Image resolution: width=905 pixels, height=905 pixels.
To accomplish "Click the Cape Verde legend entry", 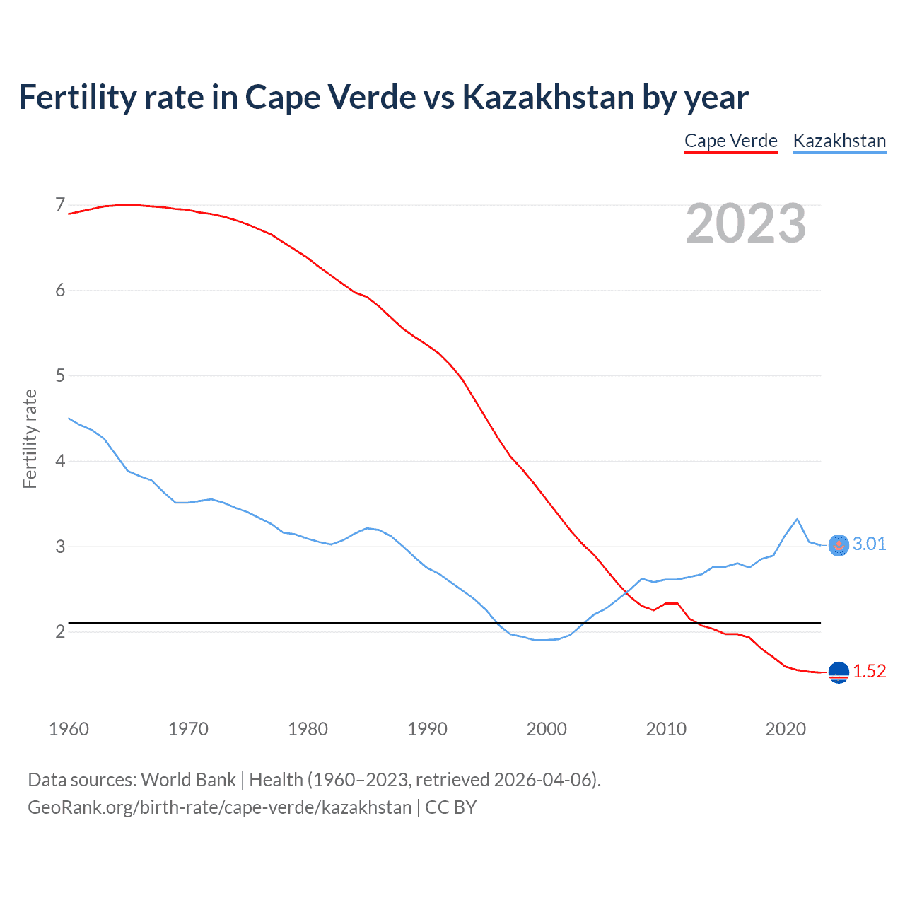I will click(731, 141).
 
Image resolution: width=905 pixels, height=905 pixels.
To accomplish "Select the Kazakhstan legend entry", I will click(839, 141).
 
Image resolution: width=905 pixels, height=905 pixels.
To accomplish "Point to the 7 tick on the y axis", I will click(60, 205).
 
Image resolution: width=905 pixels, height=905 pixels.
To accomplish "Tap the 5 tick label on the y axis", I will click(60, 375).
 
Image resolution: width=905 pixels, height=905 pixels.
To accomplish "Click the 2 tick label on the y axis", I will click(60, 631).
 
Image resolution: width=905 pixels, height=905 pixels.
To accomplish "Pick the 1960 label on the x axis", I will click(69, 729).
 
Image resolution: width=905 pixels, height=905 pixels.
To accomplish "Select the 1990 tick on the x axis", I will click(427, 729).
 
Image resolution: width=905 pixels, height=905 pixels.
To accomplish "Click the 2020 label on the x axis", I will click(786, 729).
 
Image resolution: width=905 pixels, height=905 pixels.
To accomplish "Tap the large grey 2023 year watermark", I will click(746, 224).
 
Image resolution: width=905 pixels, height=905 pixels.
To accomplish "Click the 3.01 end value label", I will click(869, 544).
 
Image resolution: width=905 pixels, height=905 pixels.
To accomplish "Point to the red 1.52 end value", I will click(869, 671).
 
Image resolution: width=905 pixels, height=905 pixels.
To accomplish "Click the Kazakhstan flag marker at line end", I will click(839, 545).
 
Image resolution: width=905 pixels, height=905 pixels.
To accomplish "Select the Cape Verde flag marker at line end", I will click(839, 672).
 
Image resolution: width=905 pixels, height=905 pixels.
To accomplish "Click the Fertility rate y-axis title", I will click(30, 438).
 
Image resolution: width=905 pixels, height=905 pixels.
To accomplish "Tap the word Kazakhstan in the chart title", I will click(548, 97).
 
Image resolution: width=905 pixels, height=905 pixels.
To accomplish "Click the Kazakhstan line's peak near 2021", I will click(798, 519).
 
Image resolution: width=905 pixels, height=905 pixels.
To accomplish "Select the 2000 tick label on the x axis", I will click(547, 729).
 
